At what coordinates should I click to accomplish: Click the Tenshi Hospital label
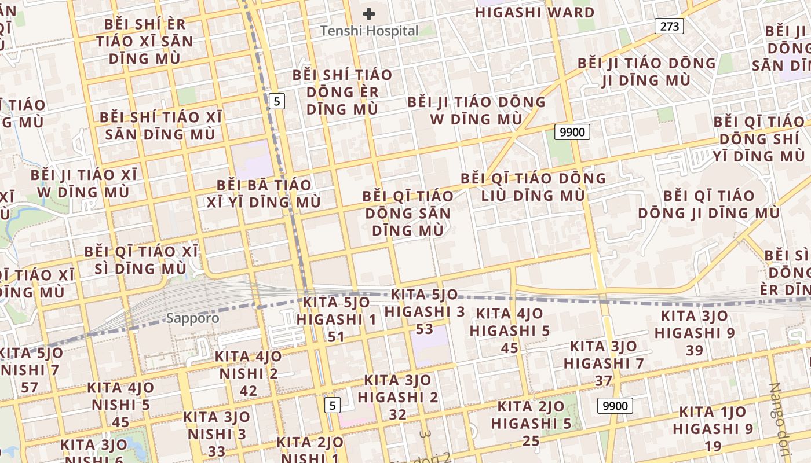click(370, 31)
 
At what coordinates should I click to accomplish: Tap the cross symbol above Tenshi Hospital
click(369, 13)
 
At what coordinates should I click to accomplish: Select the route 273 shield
click(670, 26)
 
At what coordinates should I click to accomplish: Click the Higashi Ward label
click(535, 12)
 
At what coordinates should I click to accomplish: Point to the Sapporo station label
click(193, 318)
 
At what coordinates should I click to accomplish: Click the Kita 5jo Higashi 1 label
click(337, 319)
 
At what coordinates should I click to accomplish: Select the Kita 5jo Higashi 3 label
click(425, 311)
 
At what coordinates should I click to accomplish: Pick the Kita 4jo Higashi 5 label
click(510, 330)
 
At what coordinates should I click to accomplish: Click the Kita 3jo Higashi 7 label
click(604, 363)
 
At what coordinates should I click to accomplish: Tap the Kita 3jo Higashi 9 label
click(695, 333)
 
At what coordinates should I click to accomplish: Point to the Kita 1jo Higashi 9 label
click(713, 429)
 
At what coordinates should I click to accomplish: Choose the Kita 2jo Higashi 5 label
click(531, 424)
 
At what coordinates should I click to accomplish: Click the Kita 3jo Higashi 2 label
click(398, 397)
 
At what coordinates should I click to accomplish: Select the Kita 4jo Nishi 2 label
click(249, 373)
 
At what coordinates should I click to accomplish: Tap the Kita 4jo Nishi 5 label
click(121, 405)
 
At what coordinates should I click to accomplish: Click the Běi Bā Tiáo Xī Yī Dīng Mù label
click(264, 193)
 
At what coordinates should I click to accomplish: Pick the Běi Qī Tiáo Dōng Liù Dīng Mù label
click(534, 186)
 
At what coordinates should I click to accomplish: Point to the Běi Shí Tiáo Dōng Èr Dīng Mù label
click(342, 91)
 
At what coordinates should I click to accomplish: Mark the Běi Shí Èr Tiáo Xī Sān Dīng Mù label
click(145, 41)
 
